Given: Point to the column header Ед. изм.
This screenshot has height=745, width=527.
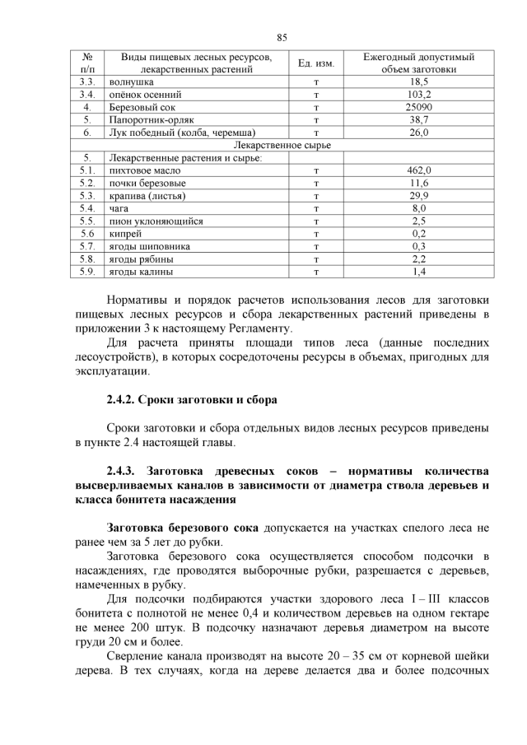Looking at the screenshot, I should pos(315,64).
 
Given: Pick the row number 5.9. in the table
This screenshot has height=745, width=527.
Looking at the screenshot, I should pos(87,270).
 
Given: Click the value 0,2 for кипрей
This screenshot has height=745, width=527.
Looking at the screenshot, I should pos(418,233).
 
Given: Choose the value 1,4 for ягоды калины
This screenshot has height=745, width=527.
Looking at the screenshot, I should pos(418,270).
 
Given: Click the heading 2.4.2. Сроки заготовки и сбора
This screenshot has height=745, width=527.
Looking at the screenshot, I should pos(192,400).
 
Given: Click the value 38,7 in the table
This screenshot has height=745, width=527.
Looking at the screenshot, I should pos(418,119).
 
